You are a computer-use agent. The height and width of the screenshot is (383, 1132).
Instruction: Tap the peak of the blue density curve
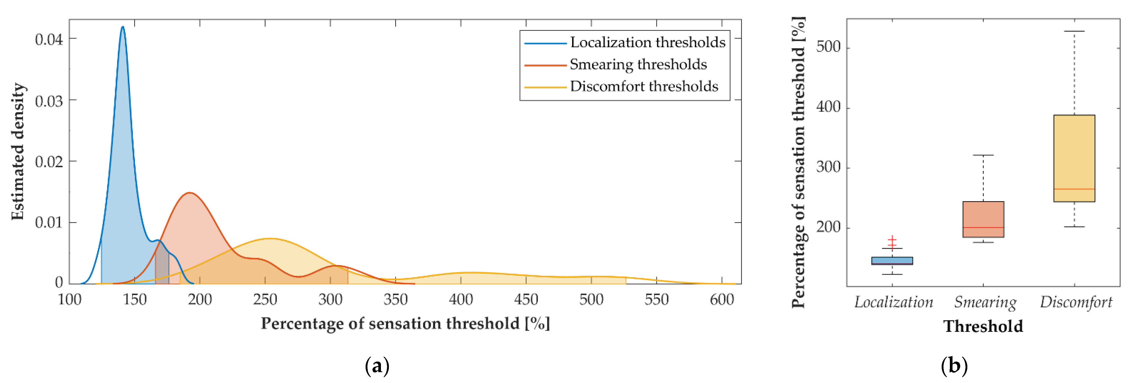(123, 27)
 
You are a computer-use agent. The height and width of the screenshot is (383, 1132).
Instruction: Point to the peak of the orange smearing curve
(189, 193)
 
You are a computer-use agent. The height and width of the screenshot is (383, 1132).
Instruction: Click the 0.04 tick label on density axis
(49, 39)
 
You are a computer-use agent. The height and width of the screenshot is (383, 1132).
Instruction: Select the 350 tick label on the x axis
(396, 300)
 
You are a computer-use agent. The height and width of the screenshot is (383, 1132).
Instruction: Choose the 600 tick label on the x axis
(722, 300)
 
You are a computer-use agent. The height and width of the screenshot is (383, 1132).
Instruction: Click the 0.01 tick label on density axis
(49, 222)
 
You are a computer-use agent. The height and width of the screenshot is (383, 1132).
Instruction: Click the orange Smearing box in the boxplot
(983, 219)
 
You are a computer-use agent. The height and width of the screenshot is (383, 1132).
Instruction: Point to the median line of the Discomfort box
(1074, 189)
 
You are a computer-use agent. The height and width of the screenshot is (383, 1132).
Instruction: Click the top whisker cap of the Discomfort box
(1074, 31)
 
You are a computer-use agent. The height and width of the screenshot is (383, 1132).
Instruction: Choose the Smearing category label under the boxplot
(985, 302)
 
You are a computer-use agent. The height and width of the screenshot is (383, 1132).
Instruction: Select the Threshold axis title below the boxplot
(983, 326)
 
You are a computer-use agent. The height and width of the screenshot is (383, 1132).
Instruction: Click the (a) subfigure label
(377, 366)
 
